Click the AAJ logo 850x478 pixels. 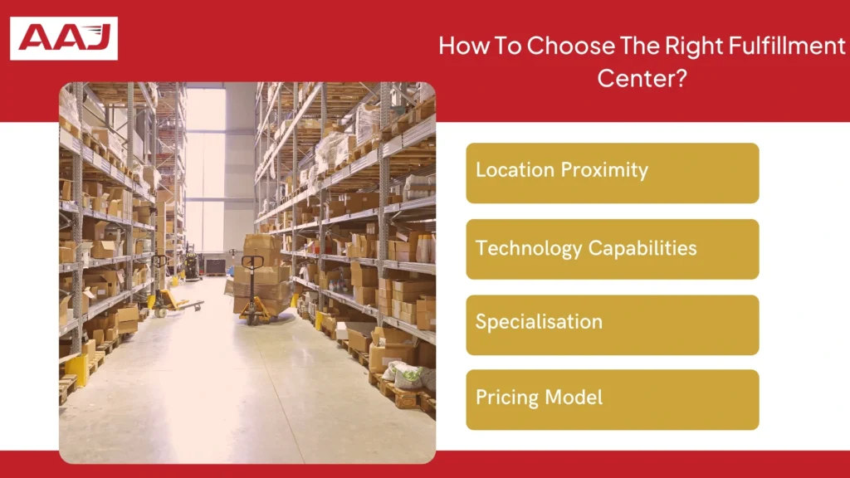(x=64, y=38)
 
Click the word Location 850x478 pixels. (x=515, y=170)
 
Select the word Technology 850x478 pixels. (x=528, y=247)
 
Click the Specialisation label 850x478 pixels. (x=539, y=322)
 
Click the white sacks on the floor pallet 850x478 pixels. (x=404, y=376)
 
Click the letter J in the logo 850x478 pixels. (x=100, y=38)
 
